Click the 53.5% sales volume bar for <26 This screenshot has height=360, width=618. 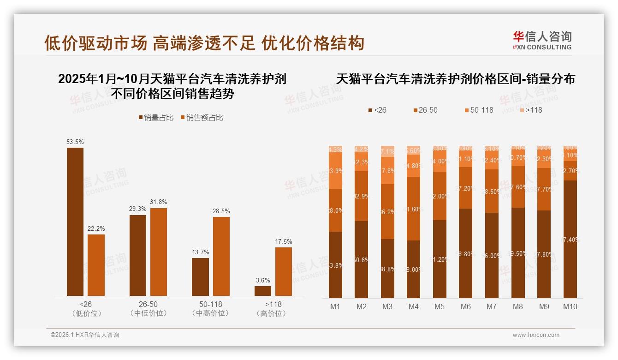point(75,222)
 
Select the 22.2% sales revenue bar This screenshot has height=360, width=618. point(96,265)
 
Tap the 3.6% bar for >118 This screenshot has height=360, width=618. point(263,291)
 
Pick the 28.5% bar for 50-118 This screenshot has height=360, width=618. point(221,256)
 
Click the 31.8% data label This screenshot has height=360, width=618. point(159,202)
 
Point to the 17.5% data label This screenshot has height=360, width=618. point(284,241)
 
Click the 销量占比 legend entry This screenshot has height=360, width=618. point(156,118)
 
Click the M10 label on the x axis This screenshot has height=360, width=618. point(570,306)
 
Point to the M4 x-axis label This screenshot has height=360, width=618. point(413,306)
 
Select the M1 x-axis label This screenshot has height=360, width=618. point(335,306)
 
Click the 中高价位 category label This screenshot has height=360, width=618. point(211,313)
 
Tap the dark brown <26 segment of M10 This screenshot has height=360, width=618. point(570,239)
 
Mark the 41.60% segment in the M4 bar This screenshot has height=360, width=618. point(413,209)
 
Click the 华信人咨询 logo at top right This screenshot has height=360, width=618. point(542,41)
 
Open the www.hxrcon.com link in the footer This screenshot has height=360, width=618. point(536,335)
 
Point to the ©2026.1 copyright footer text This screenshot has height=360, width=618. point(85,335)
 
